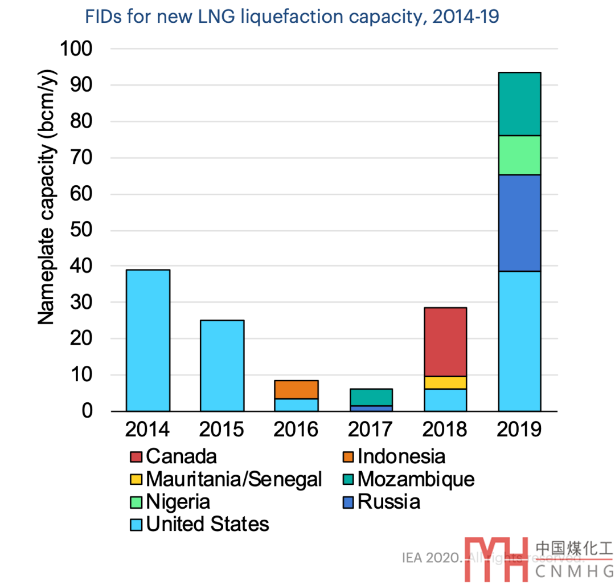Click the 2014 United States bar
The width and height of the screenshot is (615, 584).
(147, 340)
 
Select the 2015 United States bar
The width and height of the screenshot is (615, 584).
(222, 365)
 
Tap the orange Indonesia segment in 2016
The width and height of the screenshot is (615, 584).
(296, 389)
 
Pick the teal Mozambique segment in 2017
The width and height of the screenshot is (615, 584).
(371, 397)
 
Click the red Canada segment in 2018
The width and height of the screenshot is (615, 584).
(445, 342)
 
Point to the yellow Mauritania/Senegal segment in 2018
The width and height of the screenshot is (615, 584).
(445, 382)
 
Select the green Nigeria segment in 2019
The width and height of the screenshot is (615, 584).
(519, 155)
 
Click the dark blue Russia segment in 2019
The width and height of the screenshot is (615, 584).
(519, 223)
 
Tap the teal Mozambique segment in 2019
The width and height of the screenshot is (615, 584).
(519, 104)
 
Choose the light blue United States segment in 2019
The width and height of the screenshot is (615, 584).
(519, 341)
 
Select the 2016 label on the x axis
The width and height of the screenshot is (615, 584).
(296, 429)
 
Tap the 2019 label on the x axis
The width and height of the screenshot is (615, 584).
(519, 429)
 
